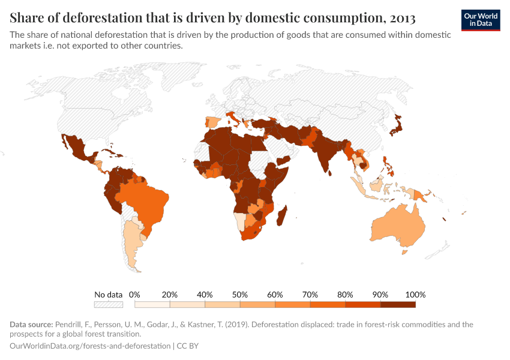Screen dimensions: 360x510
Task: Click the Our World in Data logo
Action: [480, 20]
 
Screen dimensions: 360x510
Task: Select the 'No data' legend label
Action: [109, 295]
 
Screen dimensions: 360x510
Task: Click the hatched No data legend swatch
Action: [109, 304]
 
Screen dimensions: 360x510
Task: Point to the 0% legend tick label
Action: [135, 295]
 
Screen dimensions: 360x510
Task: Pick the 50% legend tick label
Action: [240, 295]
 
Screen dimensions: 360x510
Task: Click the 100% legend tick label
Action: [415, 295]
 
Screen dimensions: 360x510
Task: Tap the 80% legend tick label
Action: [345, 295]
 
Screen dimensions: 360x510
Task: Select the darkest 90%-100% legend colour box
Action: [398, 304]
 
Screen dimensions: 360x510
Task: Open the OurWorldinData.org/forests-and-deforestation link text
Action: [90, 346]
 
